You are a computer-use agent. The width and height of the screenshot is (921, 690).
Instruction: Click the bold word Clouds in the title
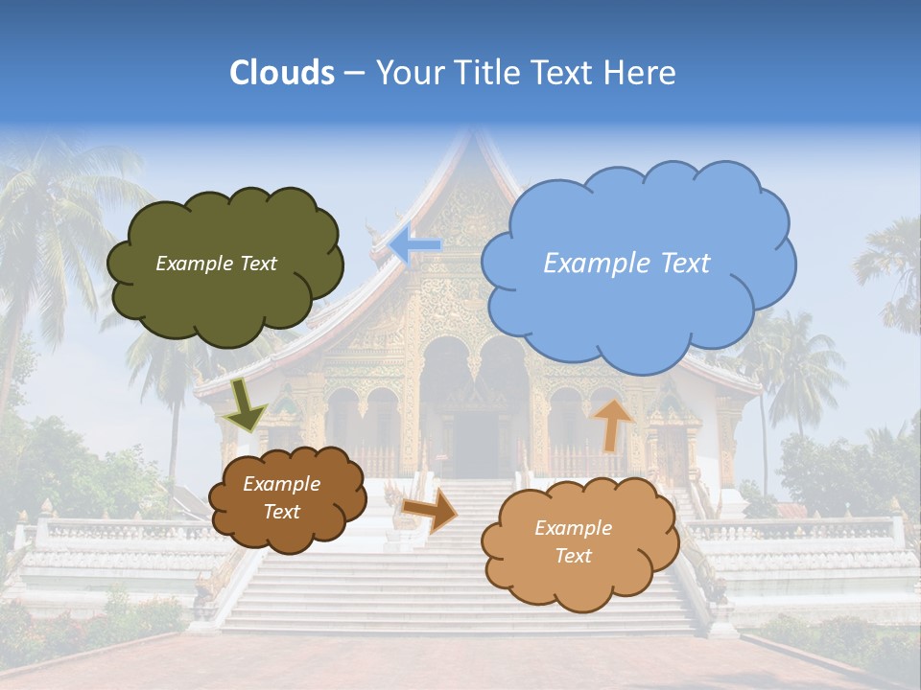282,73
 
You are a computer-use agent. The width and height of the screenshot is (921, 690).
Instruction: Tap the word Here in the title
642,73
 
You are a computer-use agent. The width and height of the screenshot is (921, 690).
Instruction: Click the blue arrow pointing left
414,245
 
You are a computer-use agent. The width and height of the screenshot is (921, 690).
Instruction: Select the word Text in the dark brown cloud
281,512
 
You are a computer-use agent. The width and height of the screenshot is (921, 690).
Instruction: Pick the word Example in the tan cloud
573,528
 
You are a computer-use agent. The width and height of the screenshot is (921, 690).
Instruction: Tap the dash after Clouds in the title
353,73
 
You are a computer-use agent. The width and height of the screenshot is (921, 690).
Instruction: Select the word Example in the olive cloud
190,264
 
